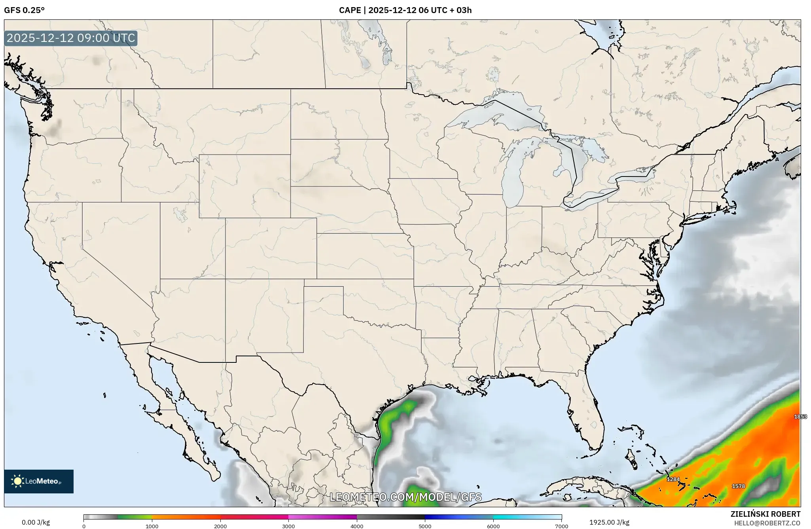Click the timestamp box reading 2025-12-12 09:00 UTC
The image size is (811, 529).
tap(71, 38)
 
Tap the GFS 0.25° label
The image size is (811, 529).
tap(24, 10)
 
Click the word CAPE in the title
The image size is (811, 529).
tap(349, 10)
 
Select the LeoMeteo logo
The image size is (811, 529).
tap(39, 481)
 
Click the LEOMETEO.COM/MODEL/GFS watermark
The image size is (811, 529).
tap(405, 497)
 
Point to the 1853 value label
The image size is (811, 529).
tap(800, 417)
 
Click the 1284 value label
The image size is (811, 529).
tap(673, 480)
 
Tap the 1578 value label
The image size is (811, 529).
tap(738, 486)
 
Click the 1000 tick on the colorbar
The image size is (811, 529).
tap(152, 526)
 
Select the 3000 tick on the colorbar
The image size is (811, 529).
tap(288, 526)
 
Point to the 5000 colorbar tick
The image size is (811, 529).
tap(425, 526)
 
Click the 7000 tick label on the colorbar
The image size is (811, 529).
tap(561, 526)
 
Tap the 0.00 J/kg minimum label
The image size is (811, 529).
tap(36, 522)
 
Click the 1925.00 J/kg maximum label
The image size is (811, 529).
tap(609, 522)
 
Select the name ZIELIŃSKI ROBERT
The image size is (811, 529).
tap(765, 514)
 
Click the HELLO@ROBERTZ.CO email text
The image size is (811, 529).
tap(767, 523)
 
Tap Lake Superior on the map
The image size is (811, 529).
tap(495, 115)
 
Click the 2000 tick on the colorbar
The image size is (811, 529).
tap(220, 526)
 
